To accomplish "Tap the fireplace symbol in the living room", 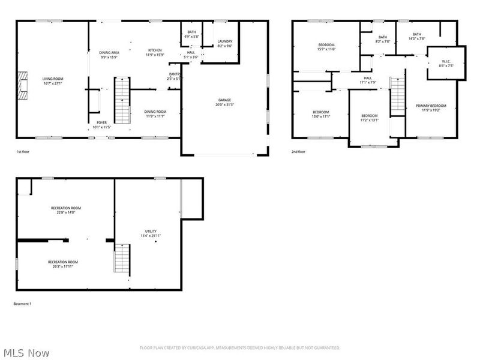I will click(x=22, y=84).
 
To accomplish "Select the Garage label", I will click(x=224, y=100).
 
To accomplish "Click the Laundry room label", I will click(x=224, y=41).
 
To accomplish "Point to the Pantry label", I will click(x=174, y=74).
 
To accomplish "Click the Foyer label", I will click(x=101, y=122).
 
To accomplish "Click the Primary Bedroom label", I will click(x=431, y=106).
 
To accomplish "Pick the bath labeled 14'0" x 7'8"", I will click(x=416, y=38).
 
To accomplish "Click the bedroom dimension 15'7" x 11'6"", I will click(x=326, y=49).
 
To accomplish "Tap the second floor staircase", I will click(x=397, y=95).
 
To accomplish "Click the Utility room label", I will click(x=151, y=231).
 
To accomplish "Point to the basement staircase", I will click(x=122, y=260).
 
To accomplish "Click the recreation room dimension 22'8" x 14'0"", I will click(x=65, y=212).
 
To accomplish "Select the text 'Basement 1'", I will click(x=22, y=304).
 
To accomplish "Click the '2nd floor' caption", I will click(x=298, y=152).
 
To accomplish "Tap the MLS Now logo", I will click(x=26, y=353).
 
